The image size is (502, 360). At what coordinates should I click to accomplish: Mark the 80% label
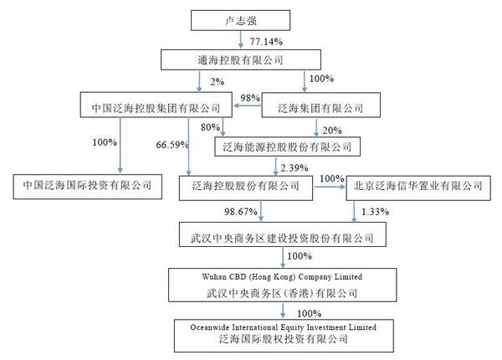211,128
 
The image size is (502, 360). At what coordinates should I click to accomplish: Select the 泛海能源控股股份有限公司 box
287,147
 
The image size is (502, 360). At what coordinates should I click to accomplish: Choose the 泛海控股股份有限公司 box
246,186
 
